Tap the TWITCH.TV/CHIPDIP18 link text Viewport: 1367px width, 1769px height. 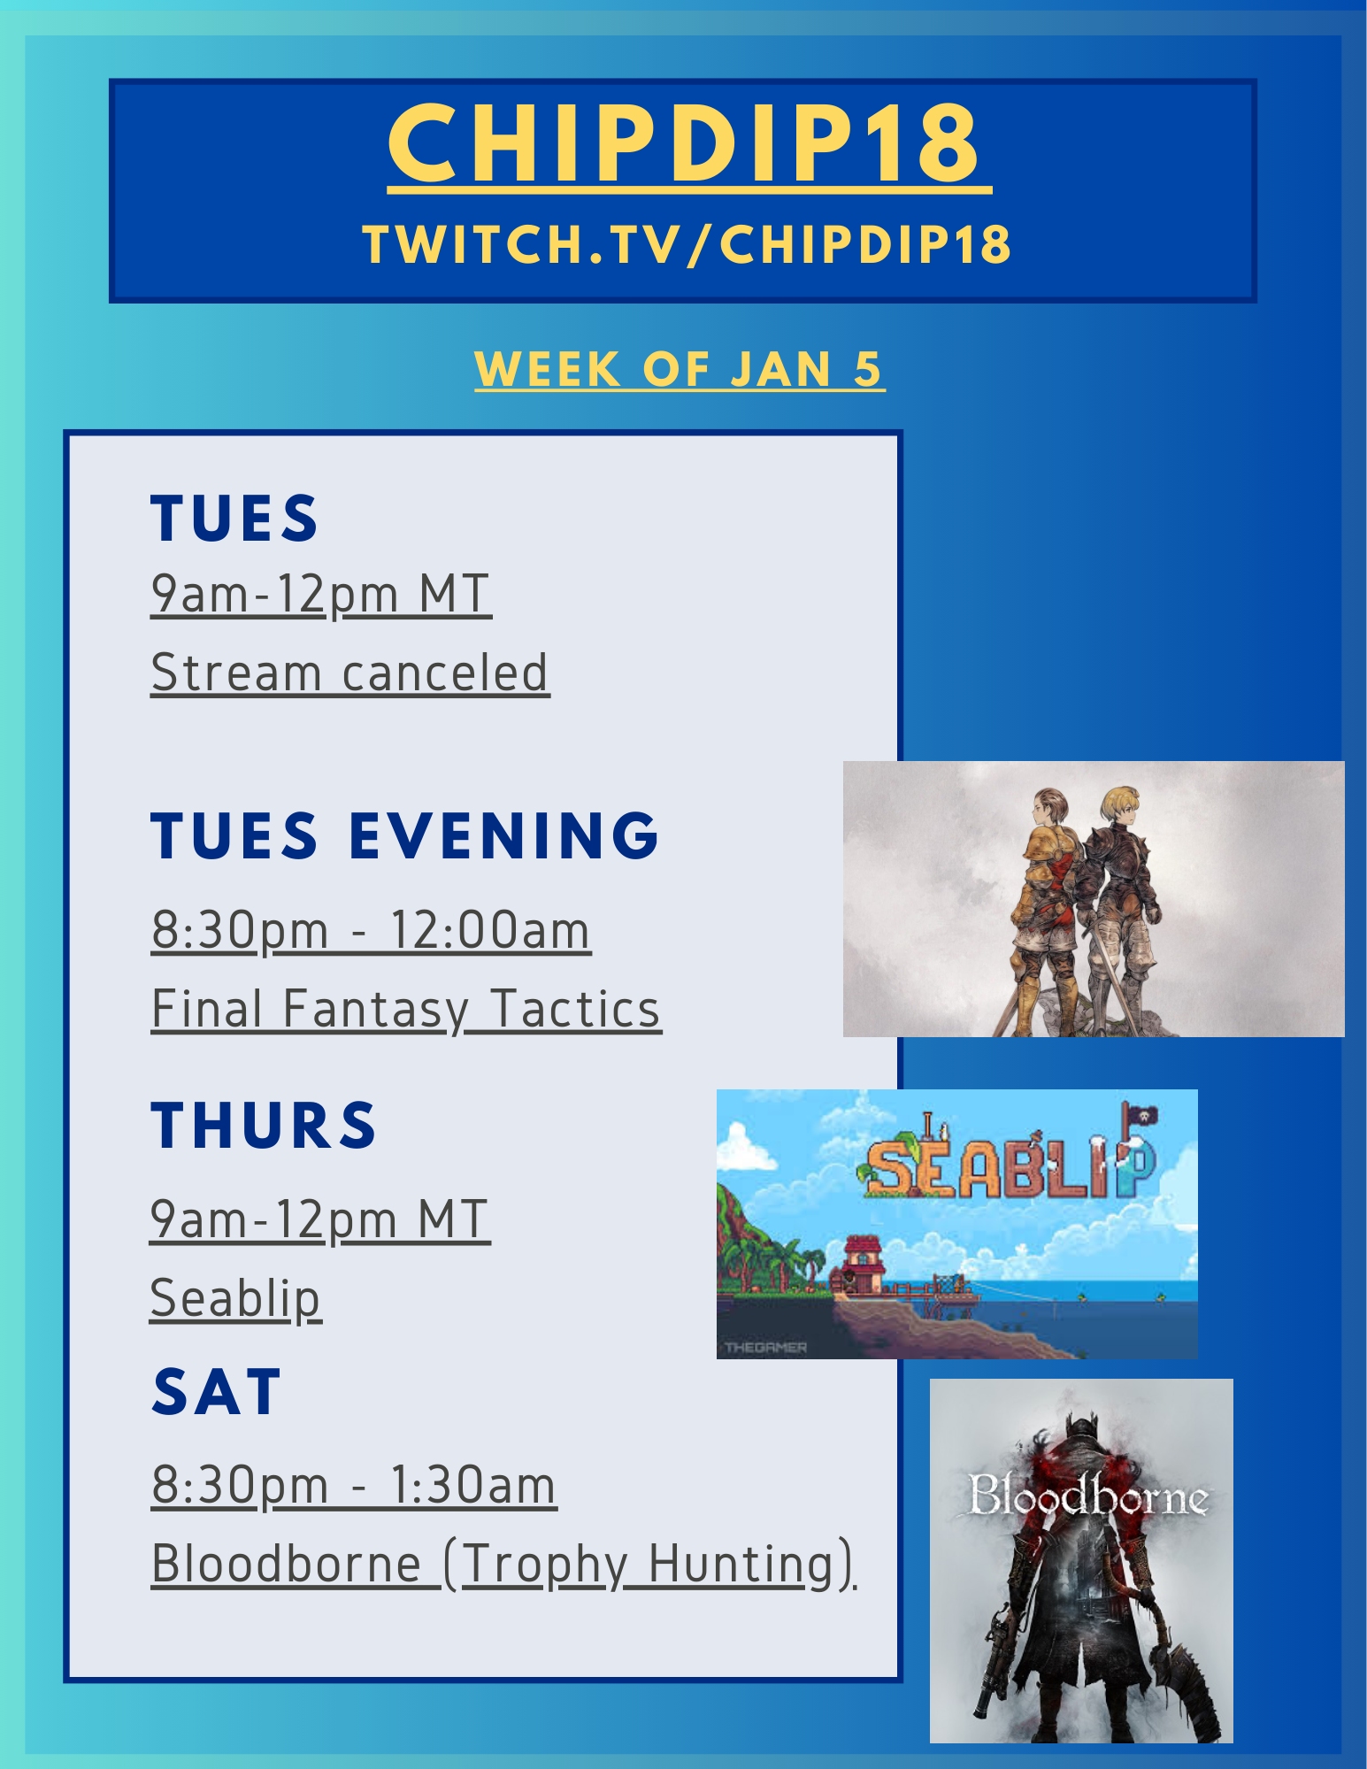pyautogui.click(x=687, y=244)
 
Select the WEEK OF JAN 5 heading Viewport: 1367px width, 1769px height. pyautogui.click(x=679, y=369)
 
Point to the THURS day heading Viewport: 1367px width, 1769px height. pyautogui.click(x=264, y=1125)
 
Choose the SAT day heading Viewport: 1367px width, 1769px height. pyautogui.click(x=217, y=1392)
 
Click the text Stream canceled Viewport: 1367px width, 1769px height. pyautogui.click(x=349, y=673)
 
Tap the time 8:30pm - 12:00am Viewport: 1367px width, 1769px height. pyautogui.click(x=371, y=930)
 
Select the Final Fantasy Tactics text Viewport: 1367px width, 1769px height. pyautogui.click(x=406, y=1010)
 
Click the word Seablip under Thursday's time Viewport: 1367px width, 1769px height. pyautogui.click(x=235, y=1299)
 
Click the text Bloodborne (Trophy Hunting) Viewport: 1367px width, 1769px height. pyautogui.click(x=503, y=1565)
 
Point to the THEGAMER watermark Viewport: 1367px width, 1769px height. pyautogui.click(x=765, y=1347)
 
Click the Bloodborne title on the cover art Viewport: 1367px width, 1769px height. pyautogui.click(x=1087, y=1495)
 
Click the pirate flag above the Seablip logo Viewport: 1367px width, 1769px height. pyautogui.click(x=1136, y=1118)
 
